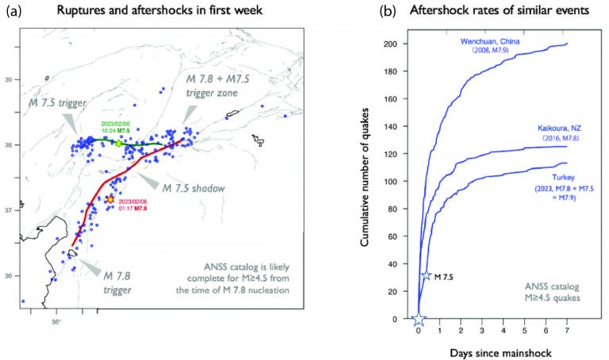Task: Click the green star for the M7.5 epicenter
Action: [x=118, y=144]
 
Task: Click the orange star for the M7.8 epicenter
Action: [x=110, y=200]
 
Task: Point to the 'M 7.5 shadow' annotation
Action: [x=194, y=188]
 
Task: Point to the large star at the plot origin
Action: [x=419, y=319]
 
